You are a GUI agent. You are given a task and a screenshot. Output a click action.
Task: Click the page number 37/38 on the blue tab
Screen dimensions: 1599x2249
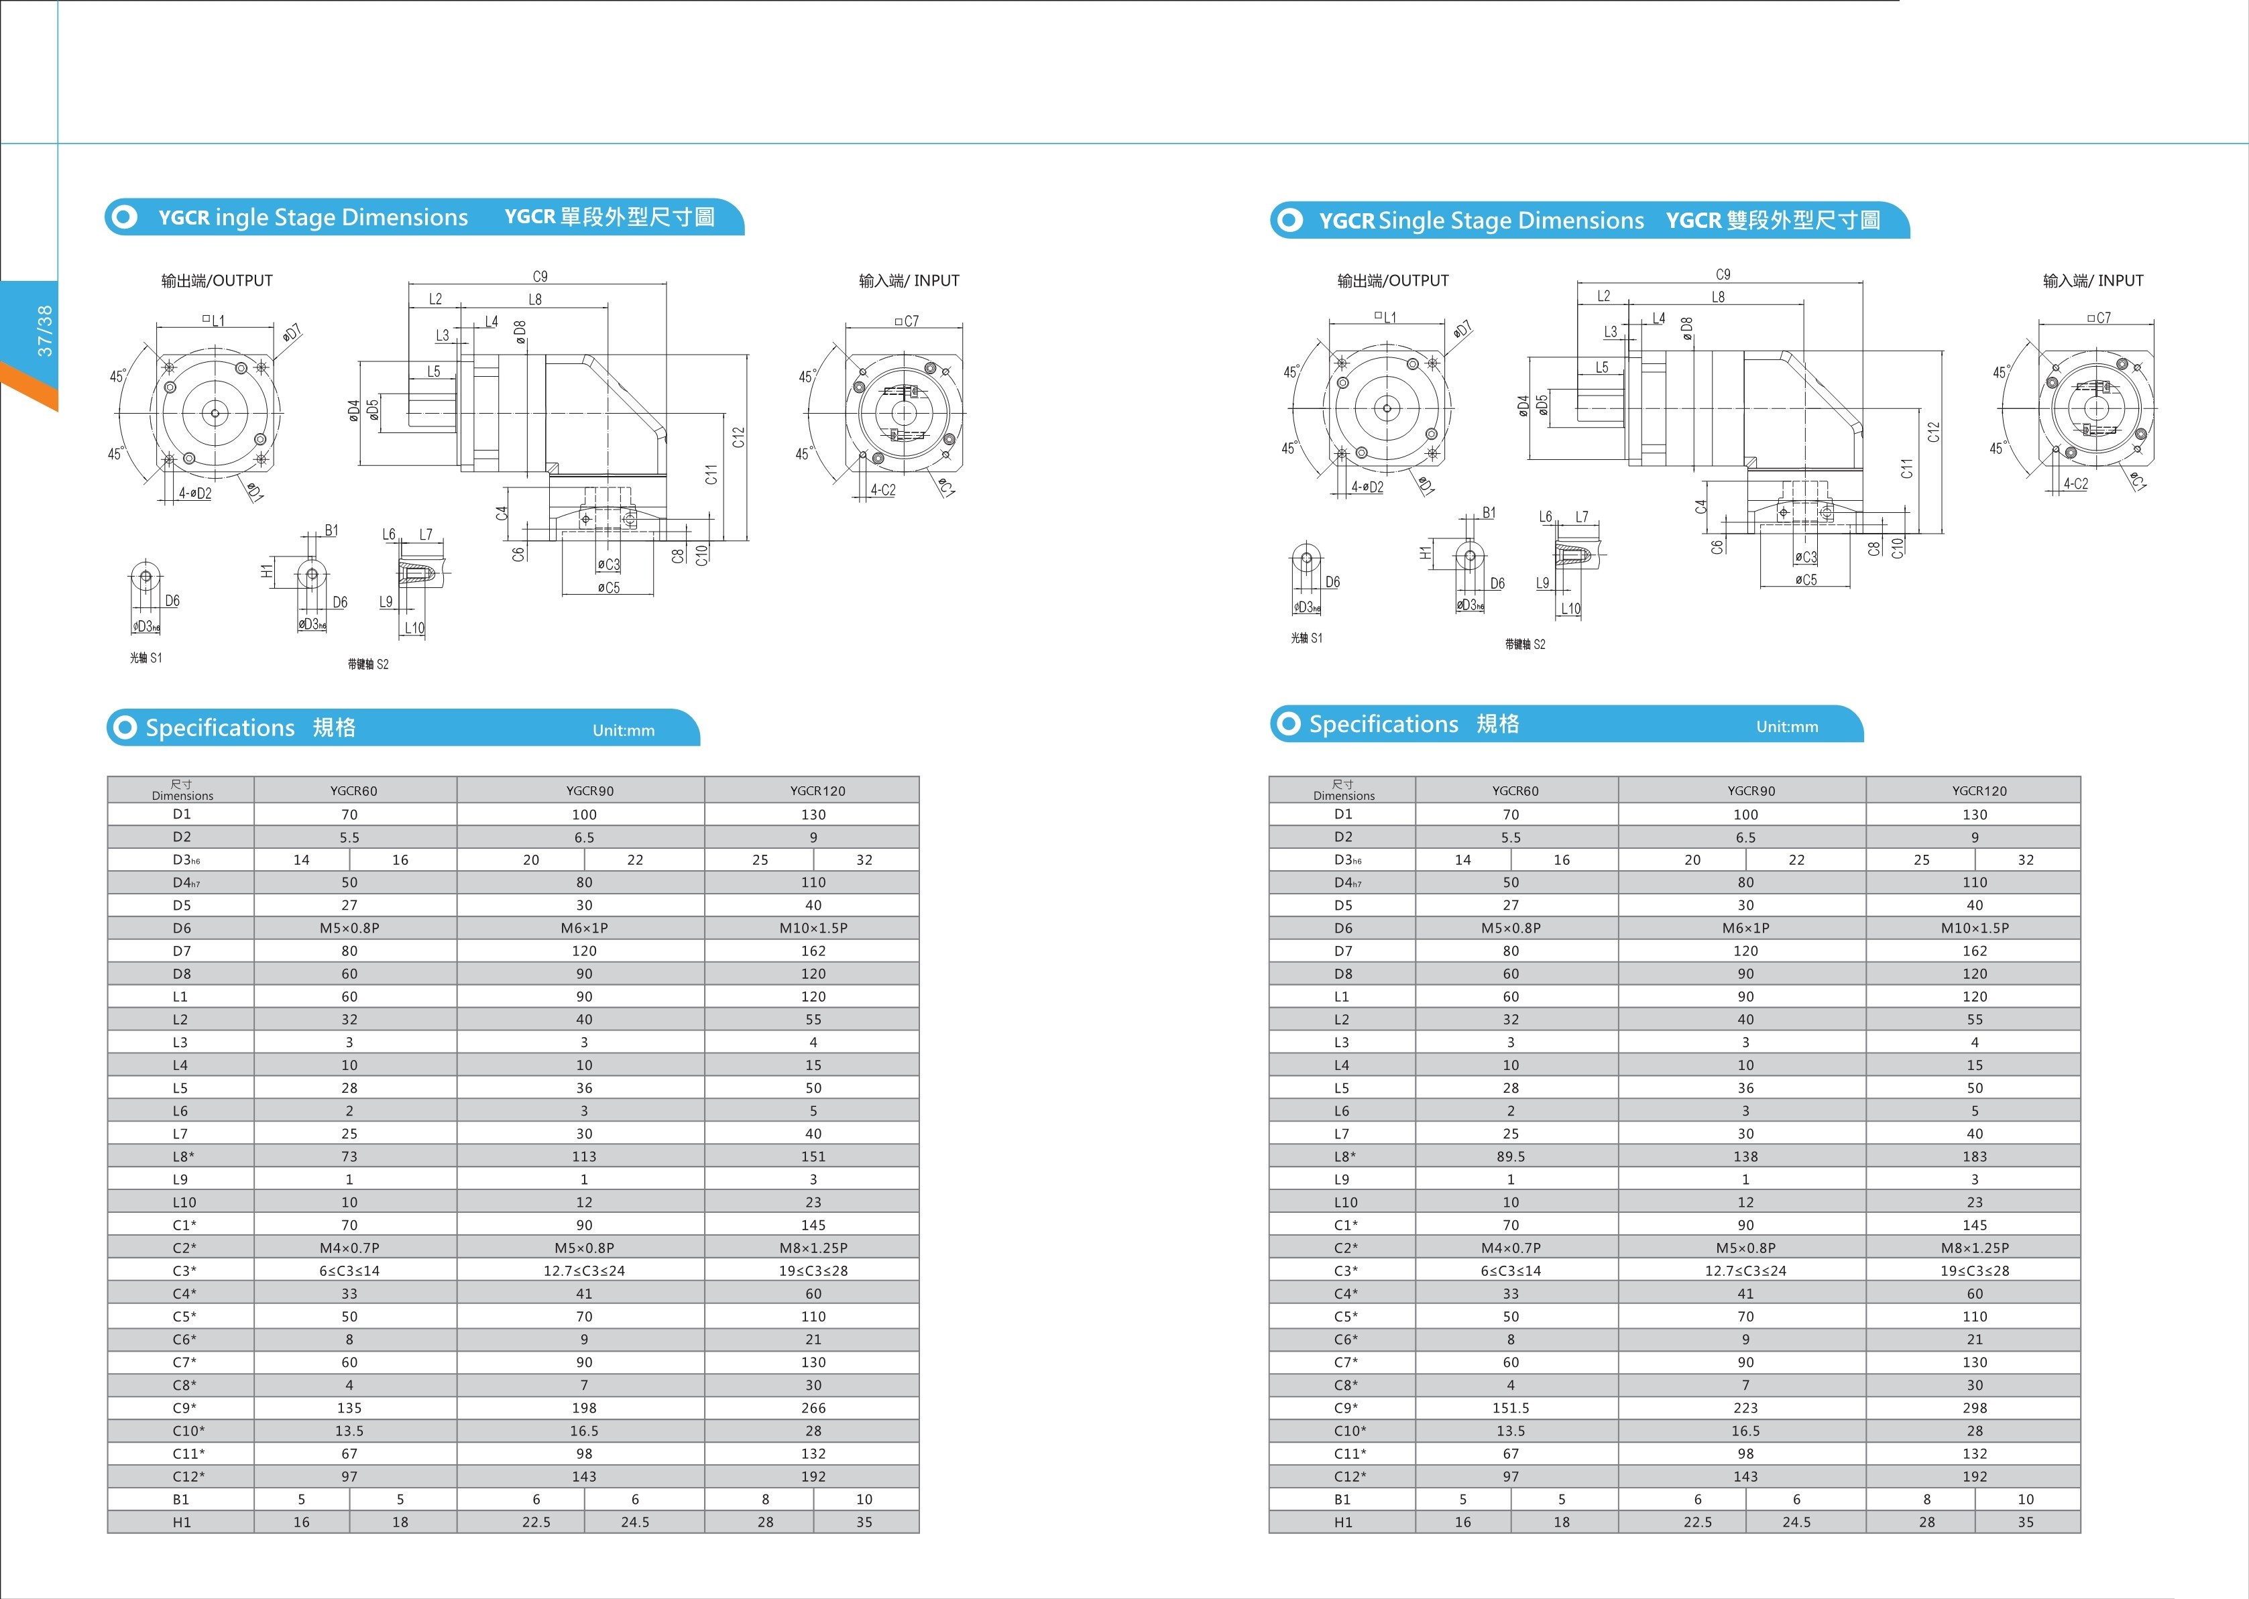44,330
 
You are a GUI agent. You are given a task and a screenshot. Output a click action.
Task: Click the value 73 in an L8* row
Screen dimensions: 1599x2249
349,1156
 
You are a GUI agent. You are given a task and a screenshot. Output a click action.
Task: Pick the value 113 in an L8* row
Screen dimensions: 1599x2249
584,1156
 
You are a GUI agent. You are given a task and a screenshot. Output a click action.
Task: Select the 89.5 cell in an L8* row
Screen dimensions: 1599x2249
1511,1156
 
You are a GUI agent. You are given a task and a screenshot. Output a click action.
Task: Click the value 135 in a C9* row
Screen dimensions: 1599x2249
349,1408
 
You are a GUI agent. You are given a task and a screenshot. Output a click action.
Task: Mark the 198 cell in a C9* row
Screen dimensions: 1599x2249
584,1408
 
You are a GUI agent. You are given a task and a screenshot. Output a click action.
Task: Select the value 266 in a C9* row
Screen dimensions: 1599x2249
813,1408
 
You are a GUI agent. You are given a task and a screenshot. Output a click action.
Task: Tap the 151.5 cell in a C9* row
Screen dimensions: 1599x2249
1511,1408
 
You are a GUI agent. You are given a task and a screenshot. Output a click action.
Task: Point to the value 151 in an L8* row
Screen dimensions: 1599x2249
813,1156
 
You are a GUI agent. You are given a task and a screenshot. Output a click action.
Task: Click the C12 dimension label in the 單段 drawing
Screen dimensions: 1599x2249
738,437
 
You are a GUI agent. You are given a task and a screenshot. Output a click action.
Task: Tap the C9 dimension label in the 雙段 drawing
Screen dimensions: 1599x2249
1722,275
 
